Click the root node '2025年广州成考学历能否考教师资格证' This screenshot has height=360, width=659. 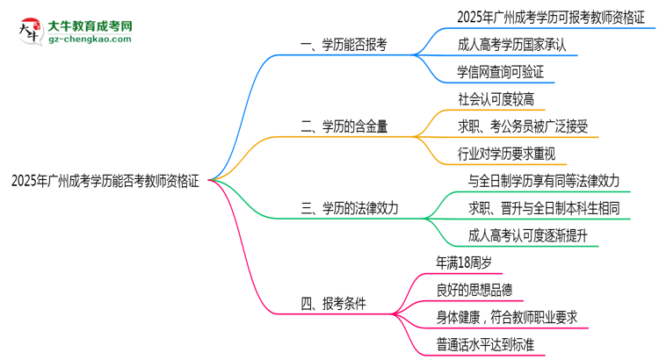[105, 182]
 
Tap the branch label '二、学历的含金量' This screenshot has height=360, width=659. [344, 126]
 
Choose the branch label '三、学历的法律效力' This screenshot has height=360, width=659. [349, 208]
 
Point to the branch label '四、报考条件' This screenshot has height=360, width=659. [333, 304]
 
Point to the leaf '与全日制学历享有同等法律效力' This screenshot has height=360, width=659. [546, 181]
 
